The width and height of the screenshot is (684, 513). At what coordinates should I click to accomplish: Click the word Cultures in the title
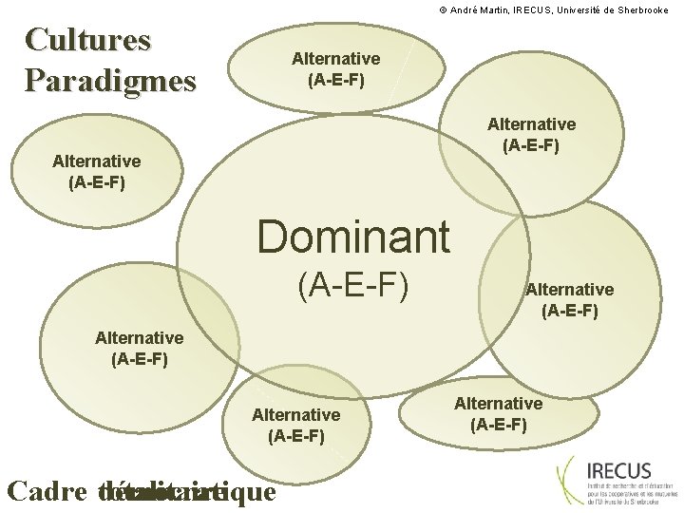point(88,40)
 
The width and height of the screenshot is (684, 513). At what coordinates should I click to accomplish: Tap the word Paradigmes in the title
point(110,79)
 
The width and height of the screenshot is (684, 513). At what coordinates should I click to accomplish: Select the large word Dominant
point(353,237)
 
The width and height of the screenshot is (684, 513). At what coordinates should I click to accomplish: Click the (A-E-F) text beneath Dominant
point(352,284)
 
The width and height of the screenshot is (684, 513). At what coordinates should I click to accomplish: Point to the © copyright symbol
point(442,9)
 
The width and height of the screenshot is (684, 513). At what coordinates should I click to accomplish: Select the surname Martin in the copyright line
point(496,9)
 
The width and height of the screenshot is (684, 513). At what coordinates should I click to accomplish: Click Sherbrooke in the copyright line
point(650,9)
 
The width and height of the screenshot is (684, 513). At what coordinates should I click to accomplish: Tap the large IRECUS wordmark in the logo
point(619,470)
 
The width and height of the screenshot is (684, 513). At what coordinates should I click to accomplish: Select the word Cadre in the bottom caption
point(47,491)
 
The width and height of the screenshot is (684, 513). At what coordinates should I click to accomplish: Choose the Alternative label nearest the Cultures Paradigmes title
point(97,171)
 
